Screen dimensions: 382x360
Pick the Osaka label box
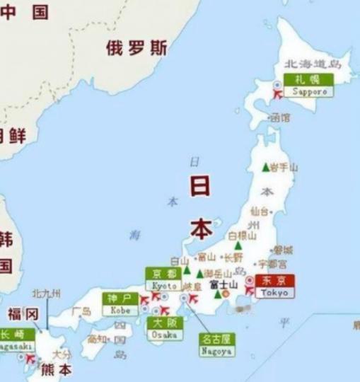pyautogui.click(x=166, y=329)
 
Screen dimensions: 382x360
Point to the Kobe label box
pyautogui.click(x=120, y=304)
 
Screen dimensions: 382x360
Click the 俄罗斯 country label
pyautogui.click(x=137, y=48)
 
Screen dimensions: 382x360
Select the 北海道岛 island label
pyautogui.click(x=312, y=64)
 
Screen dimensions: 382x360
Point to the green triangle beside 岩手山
pyautogui.click(x=265, y=167)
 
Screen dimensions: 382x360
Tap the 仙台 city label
pyautogui.click(x=260, y=211)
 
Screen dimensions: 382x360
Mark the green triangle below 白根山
pyautogui.click(x=238, y=246)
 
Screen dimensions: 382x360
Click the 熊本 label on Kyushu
pyautogui.click(x=56, y=369)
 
